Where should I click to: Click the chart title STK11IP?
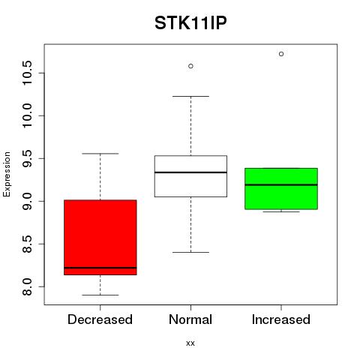[190, 23]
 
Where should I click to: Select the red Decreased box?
[100, 238]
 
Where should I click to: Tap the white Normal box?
[190, 176]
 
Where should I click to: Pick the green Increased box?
[281, 189]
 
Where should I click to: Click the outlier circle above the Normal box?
[190, 66]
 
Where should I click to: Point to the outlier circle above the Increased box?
[281, 54]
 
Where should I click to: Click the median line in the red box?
[100, 268]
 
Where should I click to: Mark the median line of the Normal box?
[190, 172]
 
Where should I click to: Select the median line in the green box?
[281, 185]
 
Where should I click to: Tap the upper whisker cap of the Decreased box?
[100, 154]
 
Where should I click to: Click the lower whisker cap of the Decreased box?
[100, 295]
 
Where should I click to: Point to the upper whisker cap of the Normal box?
[190, 96]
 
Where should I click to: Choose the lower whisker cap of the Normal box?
[190, 252]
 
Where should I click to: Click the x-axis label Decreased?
[100, 319]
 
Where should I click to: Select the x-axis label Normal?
[190, 319]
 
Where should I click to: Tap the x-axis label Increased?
[281, 319]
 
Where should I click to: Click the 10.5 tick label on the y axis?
[27, 73]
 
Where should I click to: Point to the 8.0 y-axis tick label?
[27, 286]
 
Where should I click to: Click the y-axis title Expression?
[7, 174]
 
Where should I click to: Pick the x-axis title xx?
[190, 343]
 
